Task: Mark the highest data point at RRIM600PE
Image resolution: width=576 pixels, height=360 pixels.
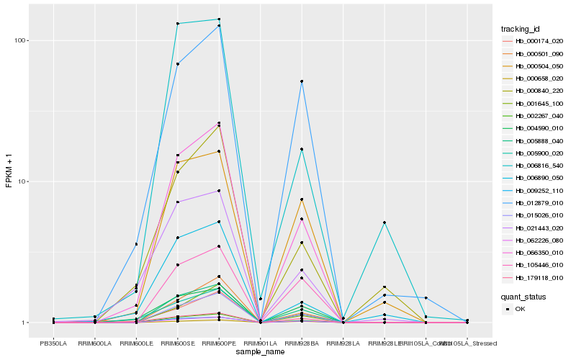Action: [219, 19]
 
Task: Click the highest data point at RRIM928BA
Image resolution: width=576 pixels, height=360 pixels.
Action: [302, 81]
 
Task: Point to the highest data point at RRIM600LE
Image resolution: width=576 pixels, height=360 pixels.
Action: [136, 245]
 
